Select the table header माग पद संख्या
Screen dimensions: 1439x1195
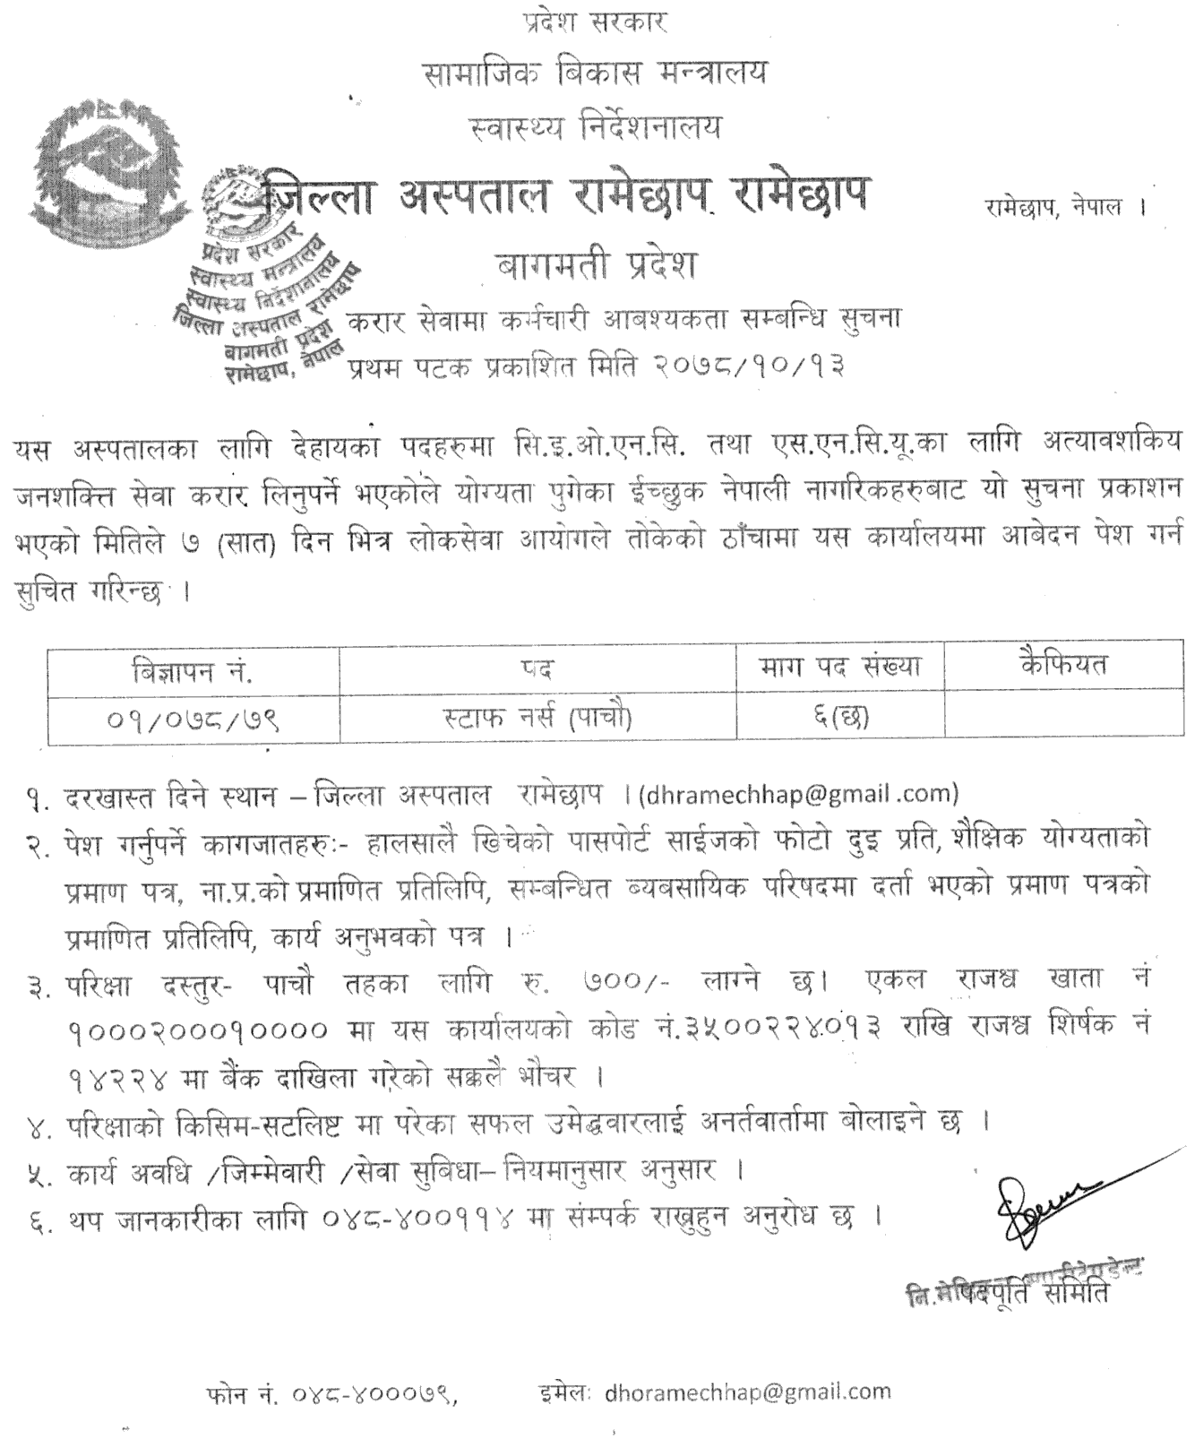point(839,667)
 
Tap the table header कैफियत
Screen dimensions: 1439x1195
point(1063,664)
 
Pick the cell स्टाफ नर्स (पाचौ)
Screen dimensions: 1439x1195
point(538,718)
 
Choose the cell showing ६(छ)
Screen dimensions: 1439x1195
point(839,717)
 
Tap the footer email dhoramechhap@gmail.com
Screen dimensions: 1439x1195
point(749,1392)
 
